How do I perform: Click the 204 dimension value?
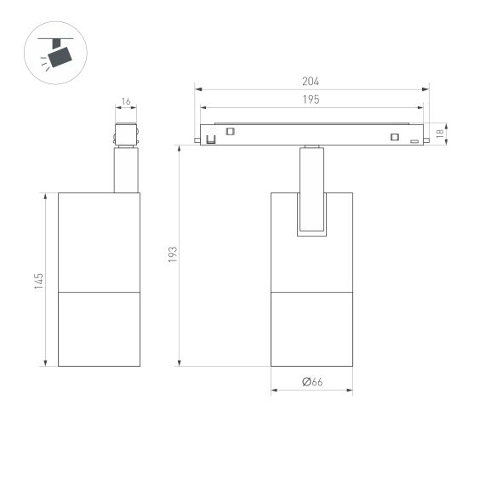311,82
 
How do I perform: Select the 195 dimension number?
311,100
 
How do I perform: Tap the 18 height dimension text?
440,134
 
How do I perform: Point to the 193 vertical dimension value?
172,254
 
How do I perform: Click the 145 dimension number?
39,281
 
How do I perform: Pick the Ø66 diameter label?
311,382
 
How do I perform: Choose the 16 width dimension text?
126,102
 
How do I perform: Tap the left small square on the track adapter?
230,131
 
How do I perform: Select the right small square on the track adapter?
394,137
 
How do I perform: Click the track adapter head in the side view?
126,134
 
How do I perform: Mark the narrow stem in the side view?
126,169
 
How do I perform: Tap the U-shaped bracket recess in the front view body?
311,213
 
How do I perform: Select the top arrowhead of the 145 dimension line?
46,196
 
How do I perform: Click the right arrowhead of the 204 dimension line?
427,88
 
